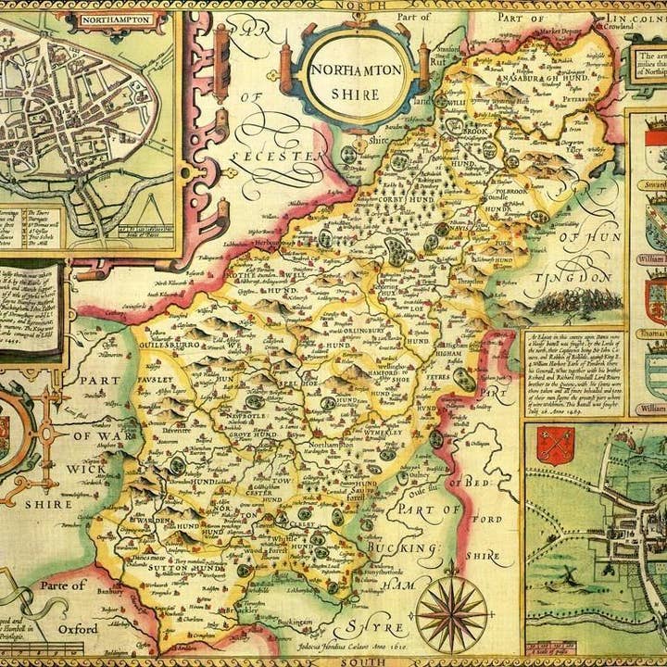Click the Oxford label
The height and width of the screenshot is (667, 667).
[77, 628]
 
